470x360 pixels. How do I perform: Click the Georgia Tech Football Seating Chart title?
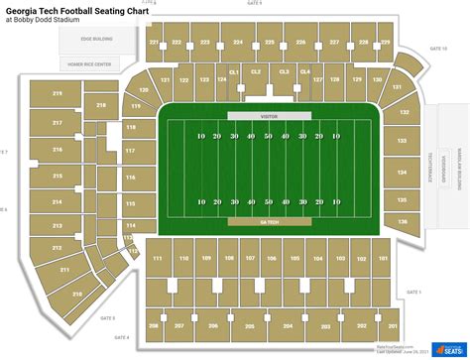(89, 10)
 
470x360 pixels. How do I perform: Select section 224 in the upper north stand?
(238, 44)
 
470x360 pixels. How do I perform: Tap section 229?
(384, 44)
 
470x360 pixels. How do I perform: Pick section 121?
(166, 78)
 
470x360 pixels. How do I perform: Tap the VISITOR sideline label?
(268, 116)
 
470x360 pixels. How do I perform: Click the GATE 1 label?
(413, 292)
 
